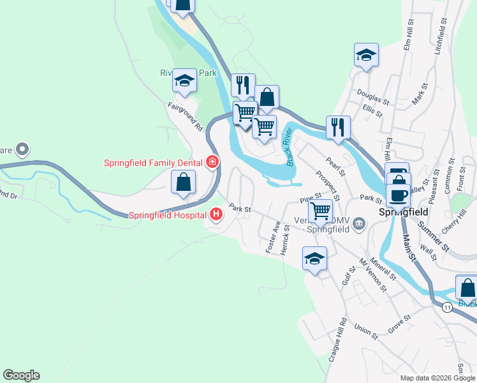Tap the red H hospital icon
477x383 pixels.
[x=216, y=214]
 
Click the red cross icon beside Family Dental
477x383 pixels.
[x=212, y=163]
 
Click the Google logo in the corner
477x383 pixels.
[x=21, y=375]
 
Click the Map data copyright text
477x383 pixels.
[x=436, y=378]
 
